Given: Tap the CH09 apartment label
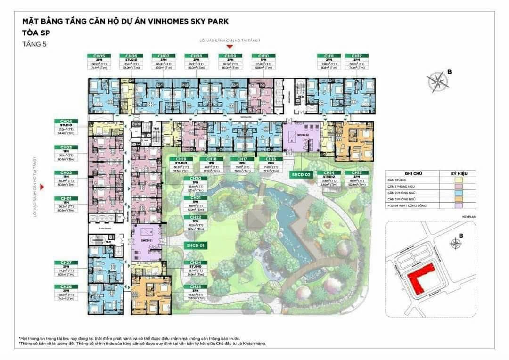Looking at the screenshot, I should [230, 56].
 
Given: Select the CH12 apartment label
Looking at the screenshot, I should [356, 56].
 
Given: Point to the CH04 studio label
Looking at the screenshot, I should [66, 122].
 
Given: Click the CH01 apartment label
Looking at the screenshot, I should [66, 198].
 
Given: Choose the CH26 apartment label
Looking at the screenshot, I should [66, 286].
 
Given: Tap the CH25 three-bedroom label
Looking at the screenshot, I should [195, 286].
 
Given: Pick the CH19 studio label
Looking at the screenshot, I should [181, 159].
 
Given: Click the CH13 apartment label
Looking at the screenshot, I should [356, 173].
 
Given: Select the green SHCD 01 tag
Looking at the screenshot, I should [195, 245].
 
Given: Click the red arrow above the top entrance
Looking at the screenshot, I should [230, 47].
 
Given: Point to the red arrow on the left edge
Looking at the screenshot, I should [43, 187].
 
